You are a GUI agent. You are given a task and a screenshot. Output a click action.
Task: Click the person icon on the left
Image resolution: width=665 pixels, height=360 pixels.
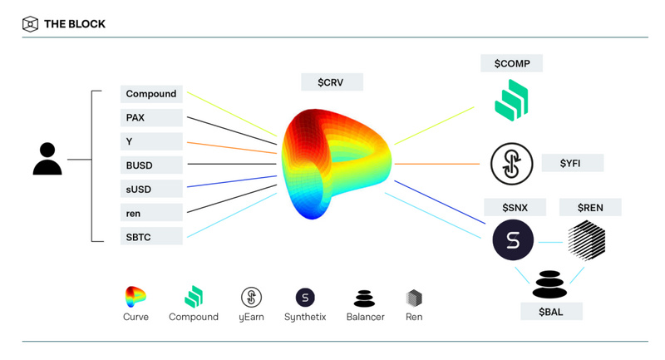pos(47,159)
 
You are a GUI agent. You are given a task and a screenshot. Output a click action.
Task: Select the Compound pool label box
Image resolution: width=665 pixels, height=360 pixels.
pos(151,94)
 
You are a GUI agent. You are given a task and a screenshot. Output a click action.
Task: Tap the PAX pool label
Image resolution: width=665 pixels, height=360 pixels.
pos(151,117)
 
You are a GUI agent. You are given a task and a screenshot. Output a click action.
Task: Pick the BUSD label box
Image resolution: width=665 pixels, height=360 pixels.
pos(151,165)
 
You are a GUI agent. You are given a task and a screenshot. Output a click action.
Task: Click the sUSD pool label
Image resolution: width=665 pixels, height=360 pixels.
pos(151,189)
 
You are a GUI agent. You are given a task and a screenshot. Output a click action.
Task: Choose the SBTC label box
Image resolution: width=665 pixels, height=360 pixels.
pos(151,237)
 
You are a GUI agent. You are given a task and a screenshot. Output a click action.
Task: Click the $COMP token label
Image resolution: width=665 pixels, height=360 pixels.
pos(511,63)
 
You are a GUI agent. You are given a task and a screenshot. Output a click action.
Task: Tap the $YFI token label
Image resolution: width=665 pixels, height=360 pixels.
pos(571,163)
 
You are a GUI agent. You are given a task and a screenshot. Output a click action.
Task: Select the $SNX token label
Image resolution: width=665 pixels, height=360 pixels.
pos(515,207)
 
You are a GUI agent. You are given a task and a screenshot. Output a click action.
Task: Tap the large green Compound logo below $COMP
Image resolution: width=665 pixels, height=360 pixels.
pos(511,100)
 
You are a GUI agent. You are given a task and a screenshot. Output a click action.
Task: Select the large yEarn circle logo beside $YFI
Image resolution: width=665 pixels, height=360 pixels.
pos(511,164)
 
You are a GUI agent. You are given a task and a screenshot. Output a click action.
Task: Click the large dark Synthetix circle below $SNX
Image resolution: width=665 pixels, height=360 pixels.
pos(513,241)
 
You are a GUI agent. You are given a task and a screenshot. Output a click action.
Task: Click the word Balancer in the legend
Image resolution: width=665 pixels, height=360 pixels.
pos(365,317)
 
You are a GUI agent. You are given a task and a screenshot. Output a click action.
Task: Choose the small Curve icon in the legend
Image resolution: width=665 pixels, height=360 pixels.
pos(135,297)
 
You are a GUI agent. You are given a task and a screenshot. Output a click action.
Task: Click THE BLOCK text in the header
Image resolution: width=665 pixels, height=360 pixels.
pos(74,24)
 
